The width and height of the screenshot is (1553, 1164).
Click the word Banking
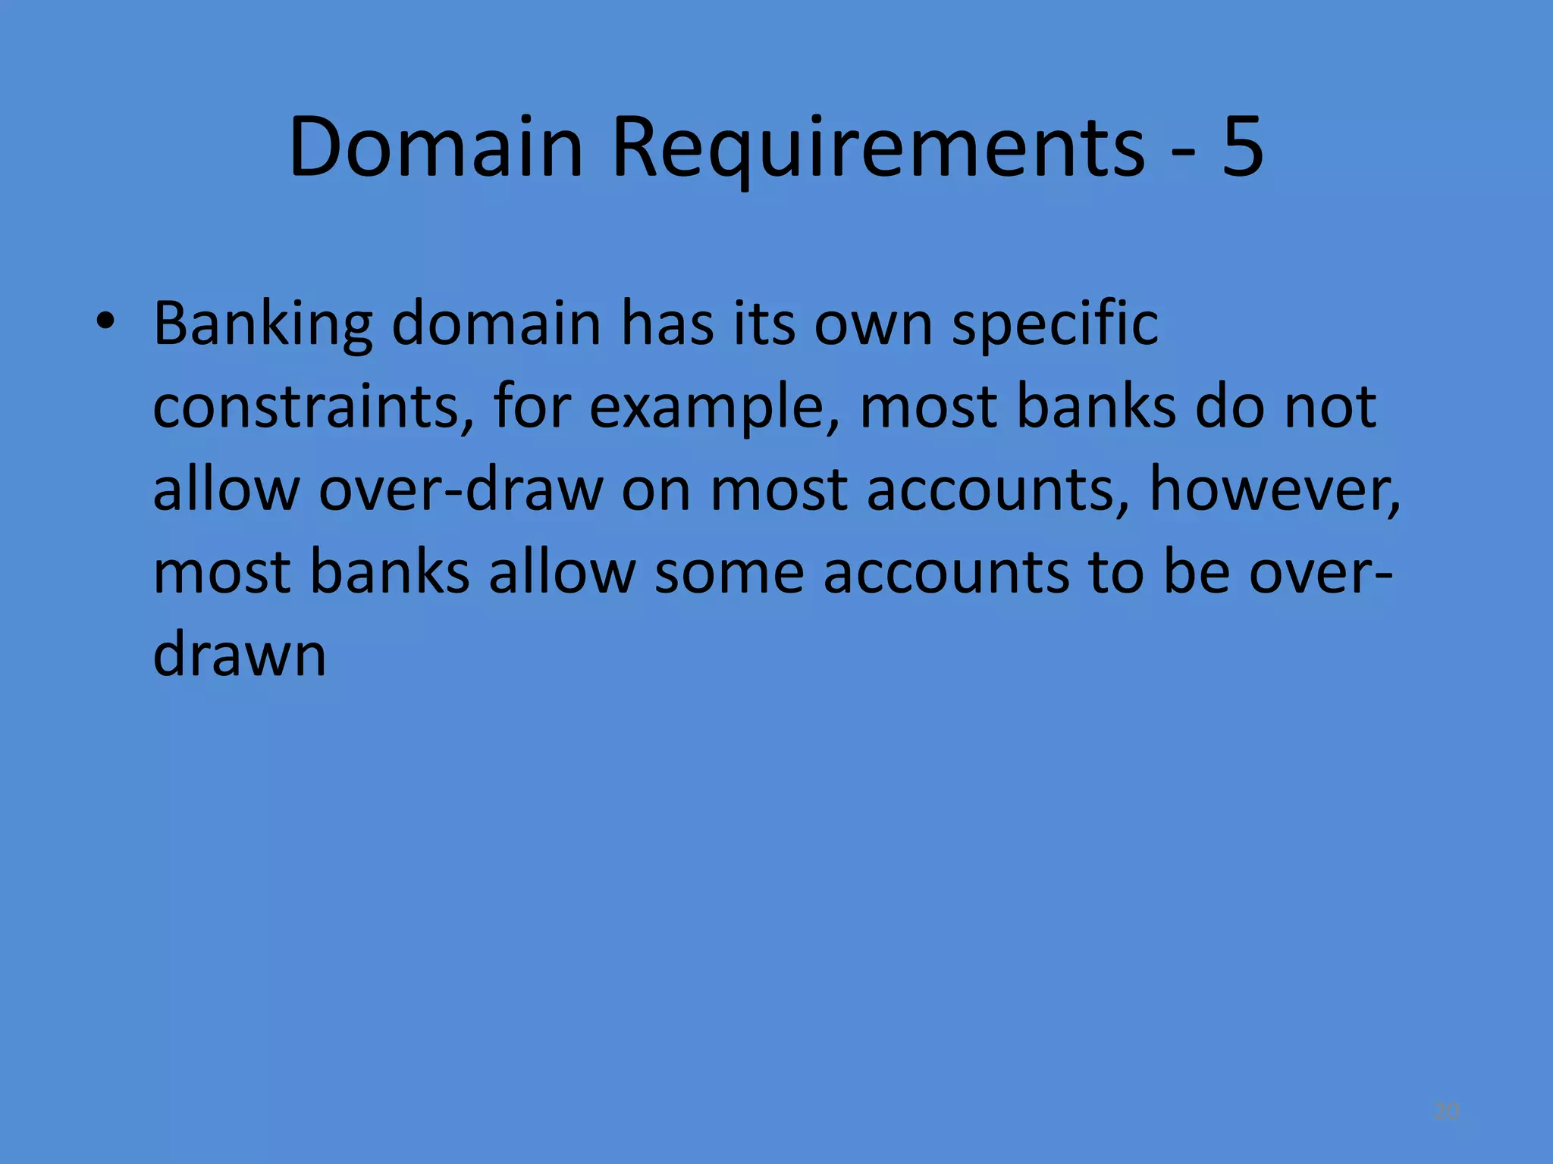point(262,324)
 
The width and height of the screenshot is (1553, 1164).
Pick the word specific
point(1055,324)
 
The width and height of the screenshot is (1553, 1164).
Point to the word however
point(1275,489)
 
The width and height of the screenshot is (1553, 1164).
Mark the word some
point(729,571)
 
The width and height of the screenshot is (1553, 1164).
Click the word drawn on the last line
point(240,653)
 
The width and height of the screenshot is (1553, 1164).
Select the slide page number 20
point(1446,1112)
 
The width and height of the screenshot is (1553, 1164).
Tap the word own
point(873,324)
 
